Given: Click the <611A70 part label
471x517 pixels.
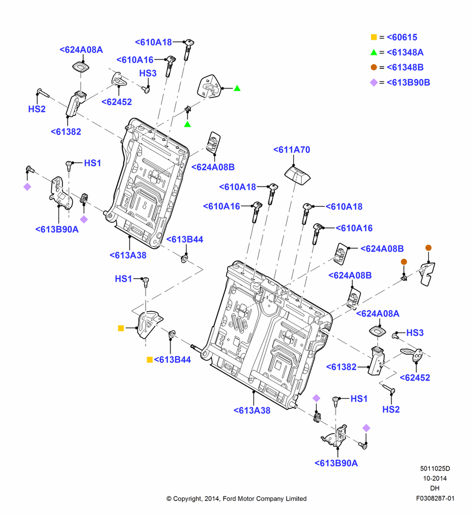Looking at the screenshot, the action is (291, 150).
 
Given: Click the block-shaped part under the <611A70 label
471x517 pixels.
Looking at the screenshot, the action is (297, 175).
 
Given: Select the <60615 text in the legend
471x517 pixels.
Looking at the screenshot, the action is (402, 37).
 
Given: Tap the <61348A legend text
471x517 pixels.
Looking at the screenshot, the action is (405, 52).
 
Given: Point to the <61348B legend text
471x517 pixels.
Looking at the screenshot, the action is (405, 67).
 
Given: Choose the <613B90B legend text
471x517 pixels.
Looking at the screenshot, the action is (409, 82).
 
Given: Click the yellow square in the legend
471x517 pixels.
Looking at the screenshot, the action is (374, 37).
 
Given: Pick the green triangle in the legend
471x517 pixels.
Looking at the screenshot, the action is (374, 52).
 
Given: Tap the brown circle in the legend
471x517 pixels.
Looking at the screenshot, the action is (374, 67).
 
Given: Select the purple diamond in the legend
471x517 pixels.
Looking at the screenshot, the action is (374, 82).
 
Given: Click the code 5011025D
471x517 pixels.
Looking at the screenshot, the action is (435, 468).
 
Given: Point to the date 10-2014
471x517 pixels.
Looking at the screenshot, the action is (435, 478).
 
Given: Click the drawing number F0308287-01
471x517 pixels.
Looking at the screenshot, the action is (435, 498).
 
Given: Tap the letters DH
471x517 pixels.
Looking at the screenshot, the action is (435, 489).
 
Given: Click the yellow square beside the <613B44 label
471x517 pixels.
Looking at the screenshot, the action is (150, 360).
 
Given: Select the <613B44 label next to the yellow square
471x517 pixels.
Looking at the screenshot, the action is (172, 360).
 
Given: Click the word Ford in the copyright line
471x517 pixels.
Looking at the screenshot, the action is (230, 499).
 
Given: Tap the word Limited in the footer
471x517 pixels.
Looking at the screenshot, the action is (296, 499).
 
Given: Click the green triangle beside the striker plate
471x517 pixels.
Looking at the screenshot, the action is (237, 88).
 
